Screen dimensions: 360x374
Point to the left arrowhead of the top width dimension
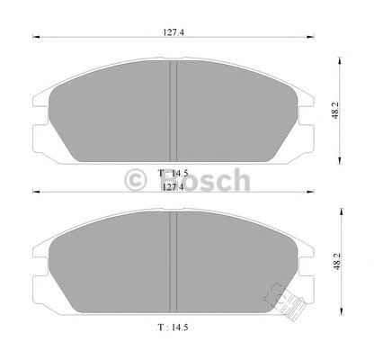[35, 37]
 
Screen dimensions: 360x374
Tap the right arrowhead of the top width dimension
[314, 37]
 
